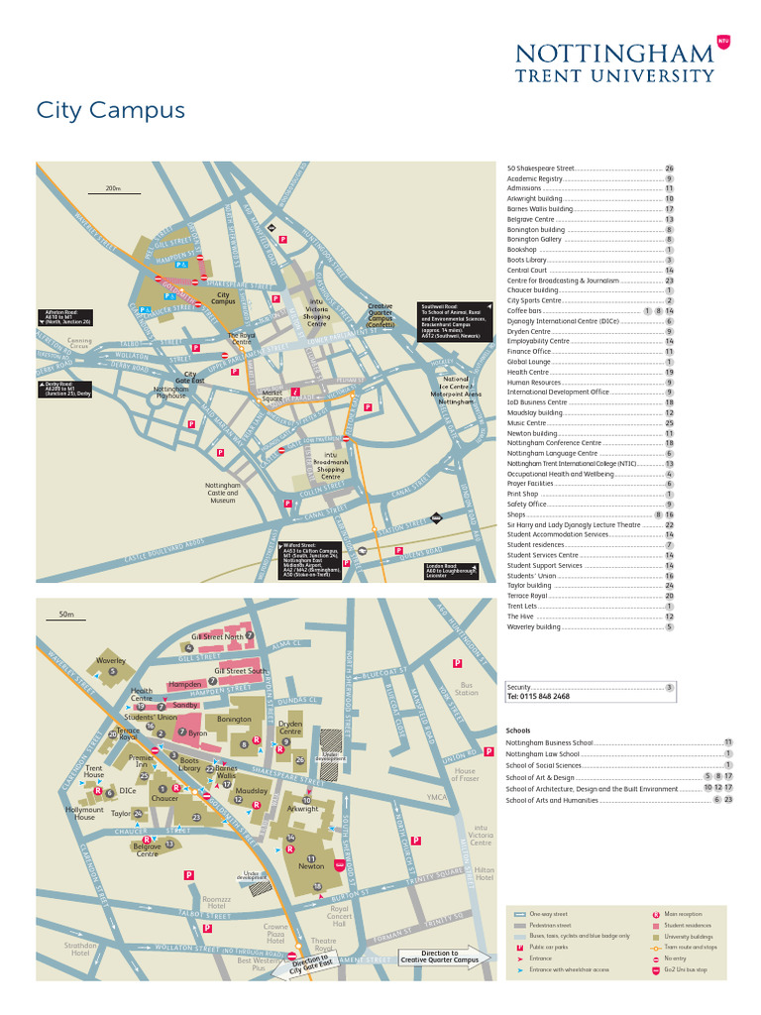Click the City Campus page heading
[x=110, y=110]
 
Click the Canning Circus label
[x=79, y=344]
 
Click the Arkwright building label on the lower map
[x=302, y=809]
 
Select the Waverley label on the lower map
[x=111, y=660]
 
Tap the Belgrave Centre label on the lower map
[x=147, y=849]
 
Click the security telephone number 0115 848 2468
[x=538, y=697]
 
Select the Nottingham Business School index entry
[x=550, y=742]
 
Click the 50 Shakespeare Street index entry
[x=541, y=169]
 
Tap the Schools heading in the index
[x=518, y=731]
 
